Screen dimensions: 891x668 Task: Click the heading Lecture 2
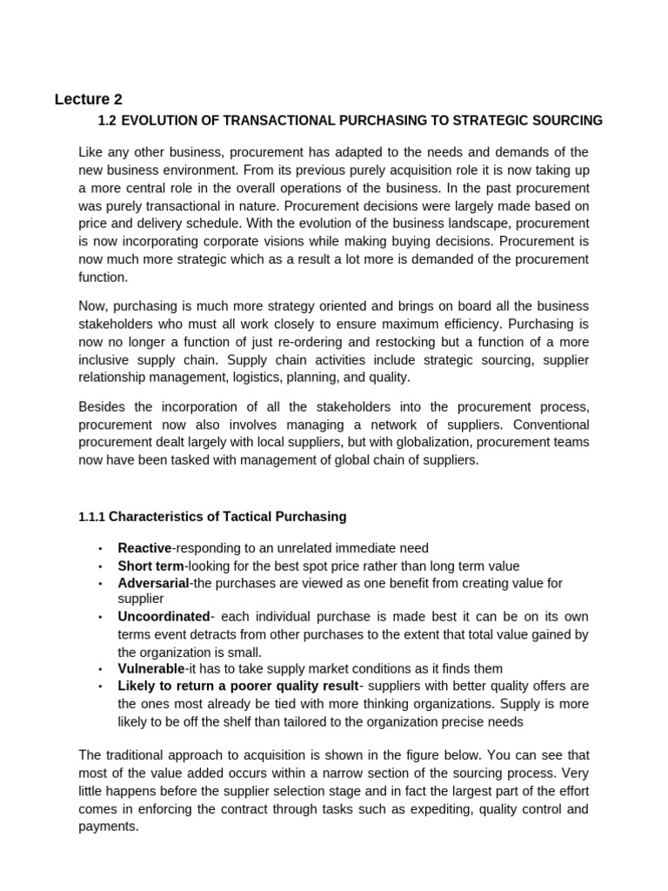(x=94, y=98)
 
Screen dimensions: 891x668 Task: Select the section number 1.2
(x=110, y=120)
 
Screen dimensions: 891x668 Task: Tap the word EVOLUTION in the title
(x=165, y=120)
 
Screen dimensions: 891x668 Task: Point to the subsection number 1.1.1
(x=91, y=517)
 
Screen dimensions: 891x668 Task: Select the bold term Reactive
(x=145, y=548)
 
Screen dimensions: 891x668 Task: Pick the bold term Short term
(x=150, y=566)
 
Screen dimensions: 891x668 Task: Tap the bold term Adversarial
(x=153, y=583)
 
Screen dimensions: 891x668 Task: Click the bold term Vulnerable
(x=151, y=668)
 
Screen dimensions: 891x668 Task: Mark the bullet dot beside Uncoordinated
(x=100, y=617)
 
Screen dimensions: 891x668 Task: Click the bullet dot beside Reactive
(x=100, y=548)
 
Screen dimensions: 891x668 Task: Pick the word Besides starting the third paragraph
(x=102, y=407)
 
